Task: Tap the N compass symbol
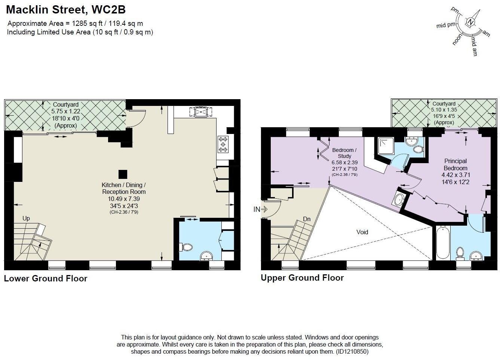[472, 22]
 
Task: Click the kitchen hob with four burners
[223, 144]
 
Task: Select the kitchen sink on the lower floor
[201, 112]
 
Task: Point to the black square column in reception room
[122, 174]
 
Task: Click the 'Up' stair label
[26, 219]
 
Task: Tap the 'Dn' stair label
[307, 219]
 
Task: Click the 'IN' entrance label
[257, 210]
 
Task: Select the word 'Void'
[362, 232]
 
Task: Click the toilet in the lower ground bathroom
[186, 247]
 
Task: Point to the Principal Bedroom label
[455, 165]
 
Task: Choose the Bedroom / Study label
[344, 153]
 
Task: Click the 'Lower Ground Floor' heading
[46, 278]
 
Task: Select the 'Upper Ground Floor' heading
[302, 278]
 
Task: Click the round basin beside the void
[399, 200]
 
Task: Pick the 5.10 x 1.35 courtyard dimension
[444, 110]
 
